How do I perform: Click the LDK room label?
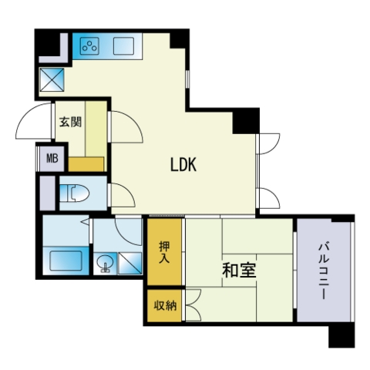[183, 164]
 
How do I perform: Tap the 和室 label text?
[239, 271]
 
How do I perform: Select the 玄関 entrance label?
[70, 122]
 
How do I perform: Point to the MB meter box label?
[52, 158]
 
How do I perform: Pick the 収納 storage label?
[165, 305]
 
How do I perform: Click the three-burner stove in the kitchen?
[89, 46]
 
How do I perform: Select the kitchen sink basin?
[123, 46]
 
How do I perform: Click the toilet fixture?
[75, 193]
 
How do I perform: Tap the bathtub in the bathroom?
[66, 261]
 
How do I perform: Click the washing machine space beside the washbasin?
[129, 264]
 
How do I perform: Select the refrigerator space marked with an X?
[52, 79]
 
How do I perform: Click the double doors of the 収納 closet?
[193, 304]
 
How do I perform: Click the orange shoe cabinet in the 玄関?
[86, 164]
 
